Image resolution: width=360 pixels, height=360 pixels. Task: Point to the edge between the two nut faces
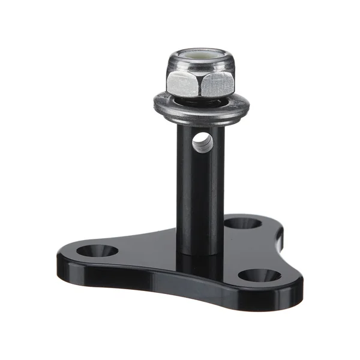199,84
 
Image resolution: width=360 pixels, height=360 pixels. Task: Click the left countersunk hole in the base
97,249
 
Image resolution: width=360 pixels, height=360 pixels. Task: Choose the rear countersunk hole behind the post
242,223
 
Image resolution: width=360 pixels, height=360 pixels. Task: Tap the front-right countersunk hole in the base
259,276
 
